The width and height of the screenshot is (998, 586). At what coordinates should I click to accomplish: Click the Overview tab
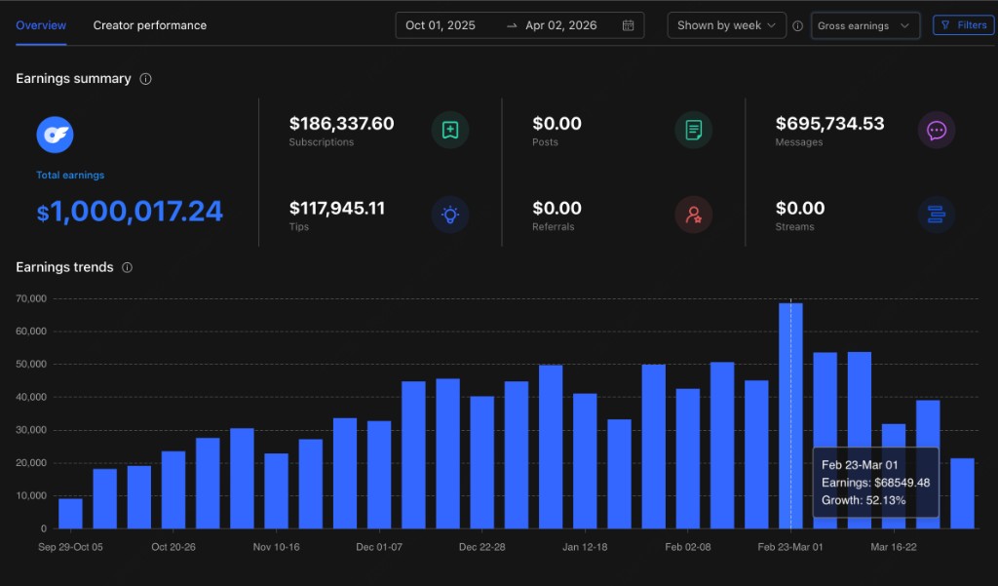click(x=41, y=25)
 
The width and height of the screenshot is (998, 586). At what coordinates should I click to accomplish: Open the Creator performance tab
click(x=149, y=25)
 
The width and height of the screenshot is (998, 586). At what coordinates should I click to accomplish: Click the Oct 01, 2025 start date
click(x=441, y=25)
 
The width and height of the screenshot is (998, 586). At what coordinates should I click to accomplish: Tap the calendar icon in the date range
click(x=629, y=25)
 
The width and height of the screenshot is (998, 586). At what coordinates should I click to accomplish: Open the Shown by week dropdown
click(x=726, y=25)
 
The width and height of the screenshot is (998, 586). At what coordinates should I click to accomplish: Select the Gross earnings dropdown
click(x=864, y=26)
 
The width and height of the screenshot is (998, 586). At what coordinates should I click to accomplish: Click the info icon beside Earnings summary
click(x=146, y=79)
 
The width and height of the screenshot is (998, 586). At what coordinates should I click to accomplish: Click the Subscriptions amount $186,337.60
click(x=341, y=124)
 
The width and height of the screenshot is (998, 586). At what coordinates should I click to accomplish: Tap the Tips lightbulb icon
click(x=450, y=215)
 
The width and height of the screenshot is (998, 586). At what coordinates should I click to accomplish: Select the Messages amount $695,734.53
click(x=829, y=124)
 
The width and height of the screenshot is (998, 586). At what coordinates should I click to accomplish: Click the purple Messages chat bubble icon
click(x=937, y=130)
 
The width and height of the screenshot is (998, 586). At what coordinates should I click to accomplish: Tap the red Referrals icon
click(x=693, y=215)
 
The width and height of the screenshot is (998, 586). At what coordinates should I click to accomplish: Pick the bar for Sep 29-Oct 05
click(x=70, y=513)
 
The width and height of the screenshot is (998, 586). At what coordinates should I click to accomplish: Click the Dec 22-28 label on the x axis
click(x=481, y=547)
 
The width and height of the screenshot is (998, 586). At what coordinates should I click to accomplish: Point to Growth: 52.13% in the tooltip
click(x=864, y=500)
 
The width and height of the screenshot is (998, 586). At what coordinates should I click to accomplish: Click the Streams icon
click(x=937, y=215)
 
